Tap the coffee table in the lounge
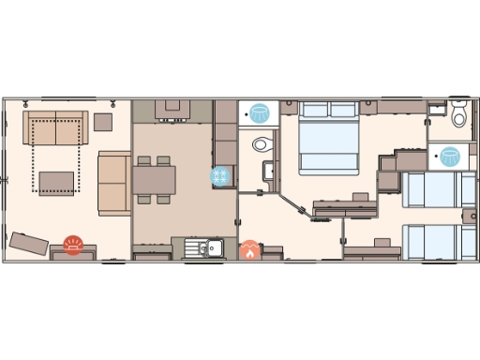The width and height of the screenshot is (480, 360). pyautogui.click(x=56, y=181)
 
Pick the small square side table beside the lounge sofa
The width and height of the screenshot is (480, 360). pyautogui.click(x=102, y=122)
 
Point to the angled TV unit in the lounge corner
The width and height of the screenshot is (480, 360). pyautogui.click(x=29, y=243)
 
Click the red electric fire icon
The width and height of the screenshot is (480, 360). pyautogui.click(x=73, y=246)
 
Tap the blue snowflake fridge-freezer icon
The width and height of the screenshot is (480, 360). pyautogui.click(x=221, y=176)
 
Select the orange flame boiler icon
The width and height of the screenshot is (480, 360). pyautogui.click(x=250, y=250)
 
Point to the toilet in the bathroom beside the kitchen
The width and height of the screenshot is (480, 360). pyautogui.click(x=262, y=144)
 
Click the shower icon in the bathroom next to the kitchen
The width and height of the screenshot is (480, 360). pyautogui.click(x=258, y=113)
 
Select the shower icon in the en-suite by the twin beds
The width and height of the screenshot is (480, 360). pyautogui.click(x=450, y=156)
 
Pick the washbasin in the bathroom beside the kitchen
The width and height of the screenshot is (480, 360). pyautogui.click(x=269, y=172)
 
